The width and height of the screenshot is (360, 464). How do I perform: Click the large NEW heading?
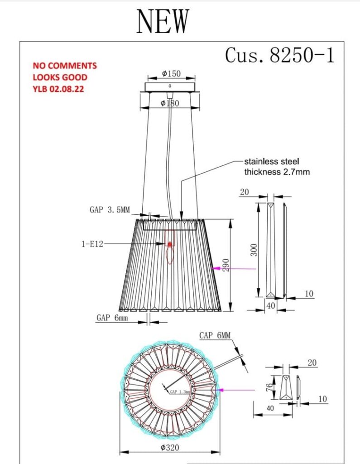click(163, 21)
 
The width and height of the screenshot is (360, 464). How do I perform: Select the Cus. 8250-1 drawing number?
click(280, 55)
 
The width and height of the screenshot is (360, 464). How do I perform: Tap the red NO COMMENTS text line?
click(64, 65)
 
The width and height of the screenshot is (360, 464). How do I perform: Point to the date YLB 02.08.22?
click(58, 89)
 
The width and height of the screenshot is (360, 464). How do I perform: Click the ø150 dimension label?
click(171, 73)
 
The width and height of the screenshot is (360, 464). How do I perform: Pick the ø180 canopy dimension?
click(170, 103)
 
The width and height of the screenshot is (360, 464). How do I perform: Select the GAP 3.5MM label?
click(110, 210)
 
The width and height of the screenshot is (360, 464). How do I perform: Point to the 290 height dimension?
click(226, 265)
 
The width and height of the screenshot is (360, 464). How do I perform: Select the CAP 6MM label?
click(215, 335)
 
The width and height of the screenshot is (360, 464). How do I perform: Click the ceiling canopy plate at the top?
click(169, 87)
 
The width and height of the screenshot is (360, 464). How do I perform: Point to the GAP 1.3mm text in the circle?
click(180, 392)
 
